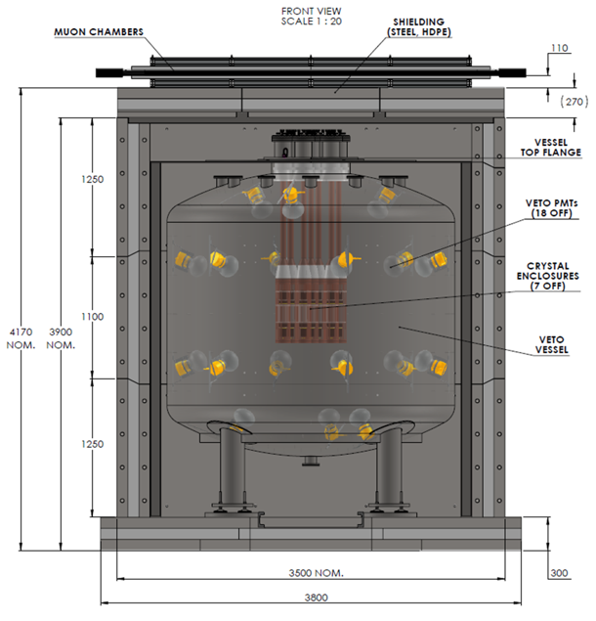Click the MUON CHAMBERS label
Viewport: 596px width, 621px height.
99,32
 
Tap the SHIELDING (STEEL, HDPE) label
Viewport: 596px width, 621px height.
419,27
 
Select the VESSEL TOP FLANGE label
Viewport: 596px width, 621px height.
550,148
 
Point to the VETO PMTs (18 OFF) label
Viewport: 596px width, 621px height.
551,208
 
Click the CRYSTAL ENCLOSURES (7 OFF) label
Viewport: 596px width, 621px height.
548,276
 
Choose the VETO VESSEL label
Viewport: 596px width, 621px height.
551,344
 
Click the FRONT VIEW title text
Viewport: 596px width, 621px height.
311,11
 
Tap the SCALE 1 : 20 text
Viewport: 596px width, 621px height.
311,22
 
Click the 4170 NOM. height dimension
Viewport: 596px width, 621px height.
21,338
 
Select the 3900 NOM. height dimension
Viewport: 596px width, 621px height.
61,338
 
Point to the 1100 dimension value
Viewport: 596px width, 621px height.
92,317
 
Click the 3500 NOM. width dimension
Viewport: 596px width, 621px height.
316,573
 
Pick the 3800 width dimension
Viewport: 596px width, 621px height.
317,598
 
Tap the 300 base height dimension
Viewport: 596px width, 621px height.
559,573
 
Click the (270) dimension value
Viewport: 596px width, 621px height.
574,102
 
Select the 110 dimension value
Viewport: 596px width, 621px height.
559,48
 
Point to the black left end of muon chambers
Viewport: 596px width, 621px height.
109,73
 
